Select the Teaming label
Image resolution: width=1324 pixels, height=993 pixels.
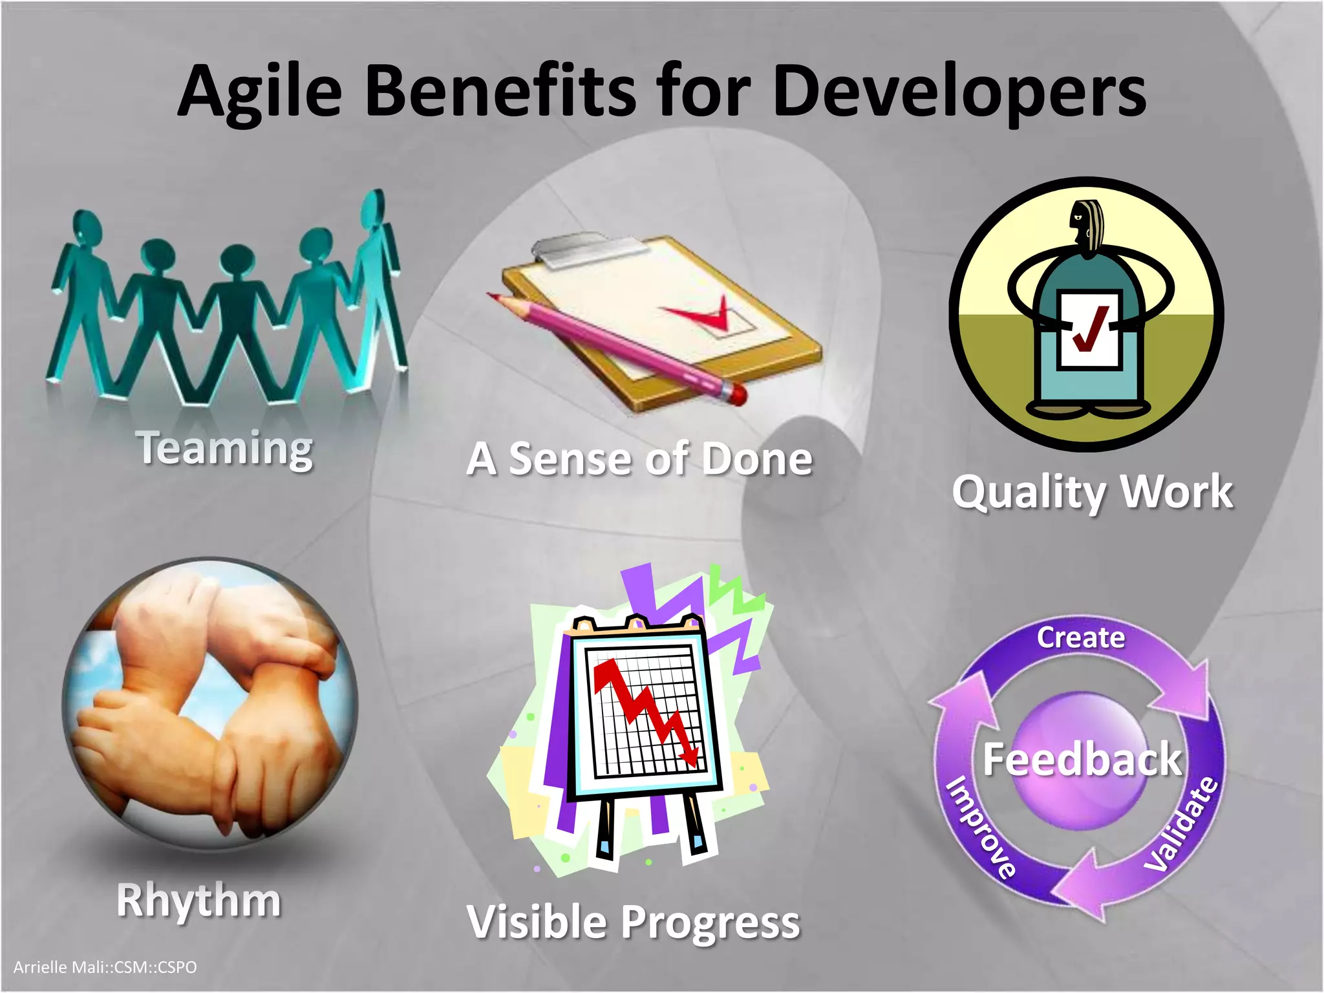point(224,448)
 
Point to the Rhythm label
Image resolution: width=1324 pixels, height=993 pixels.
point(198,900)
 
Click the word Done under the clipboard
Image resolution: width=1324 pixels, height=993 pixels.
point(756,459)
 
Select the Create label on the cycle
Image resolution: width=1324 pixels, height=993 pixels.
point(1081,637)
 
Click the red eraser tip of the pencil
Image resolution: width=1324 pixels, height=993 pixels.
point(737,394)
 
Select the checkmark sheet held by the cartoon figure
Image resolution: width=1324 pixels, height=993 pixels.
point(1089,330)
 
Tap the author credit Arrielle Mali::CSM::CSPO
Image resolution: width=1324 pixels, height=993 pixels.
point(105,967)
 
